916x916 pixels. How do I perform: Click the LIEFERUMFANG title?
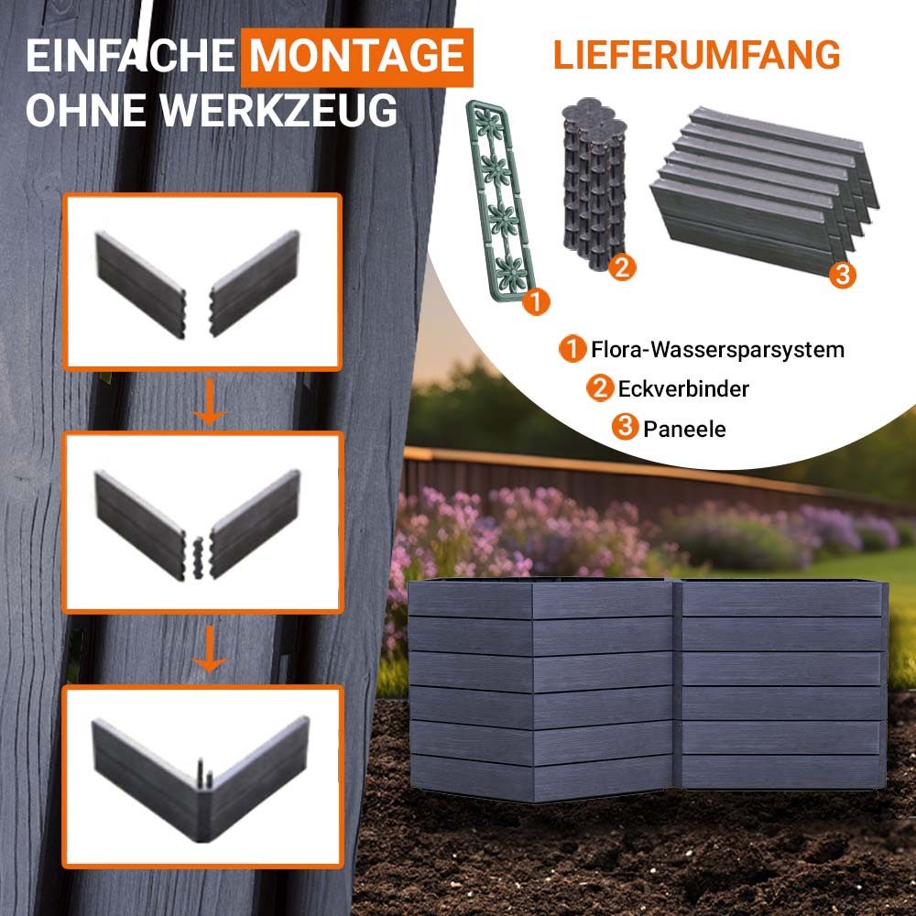pyautogui.click(x=696, y=55)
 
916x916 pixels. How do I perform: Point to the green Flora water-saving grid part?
pyautogui.click(x=496, y=197)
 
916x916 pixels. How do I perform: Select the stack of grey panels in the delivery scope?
pyautogui.click(x=760, y=188)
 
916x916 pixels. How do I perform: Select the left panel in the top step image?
pyautogui.click(x=142, y=284)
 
